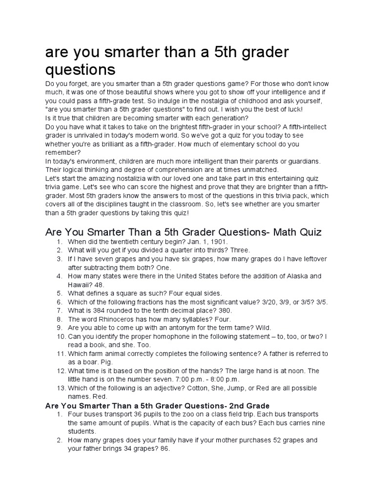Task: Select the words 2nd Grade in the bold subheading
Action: pyautogui.click(x=245, y=406)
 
